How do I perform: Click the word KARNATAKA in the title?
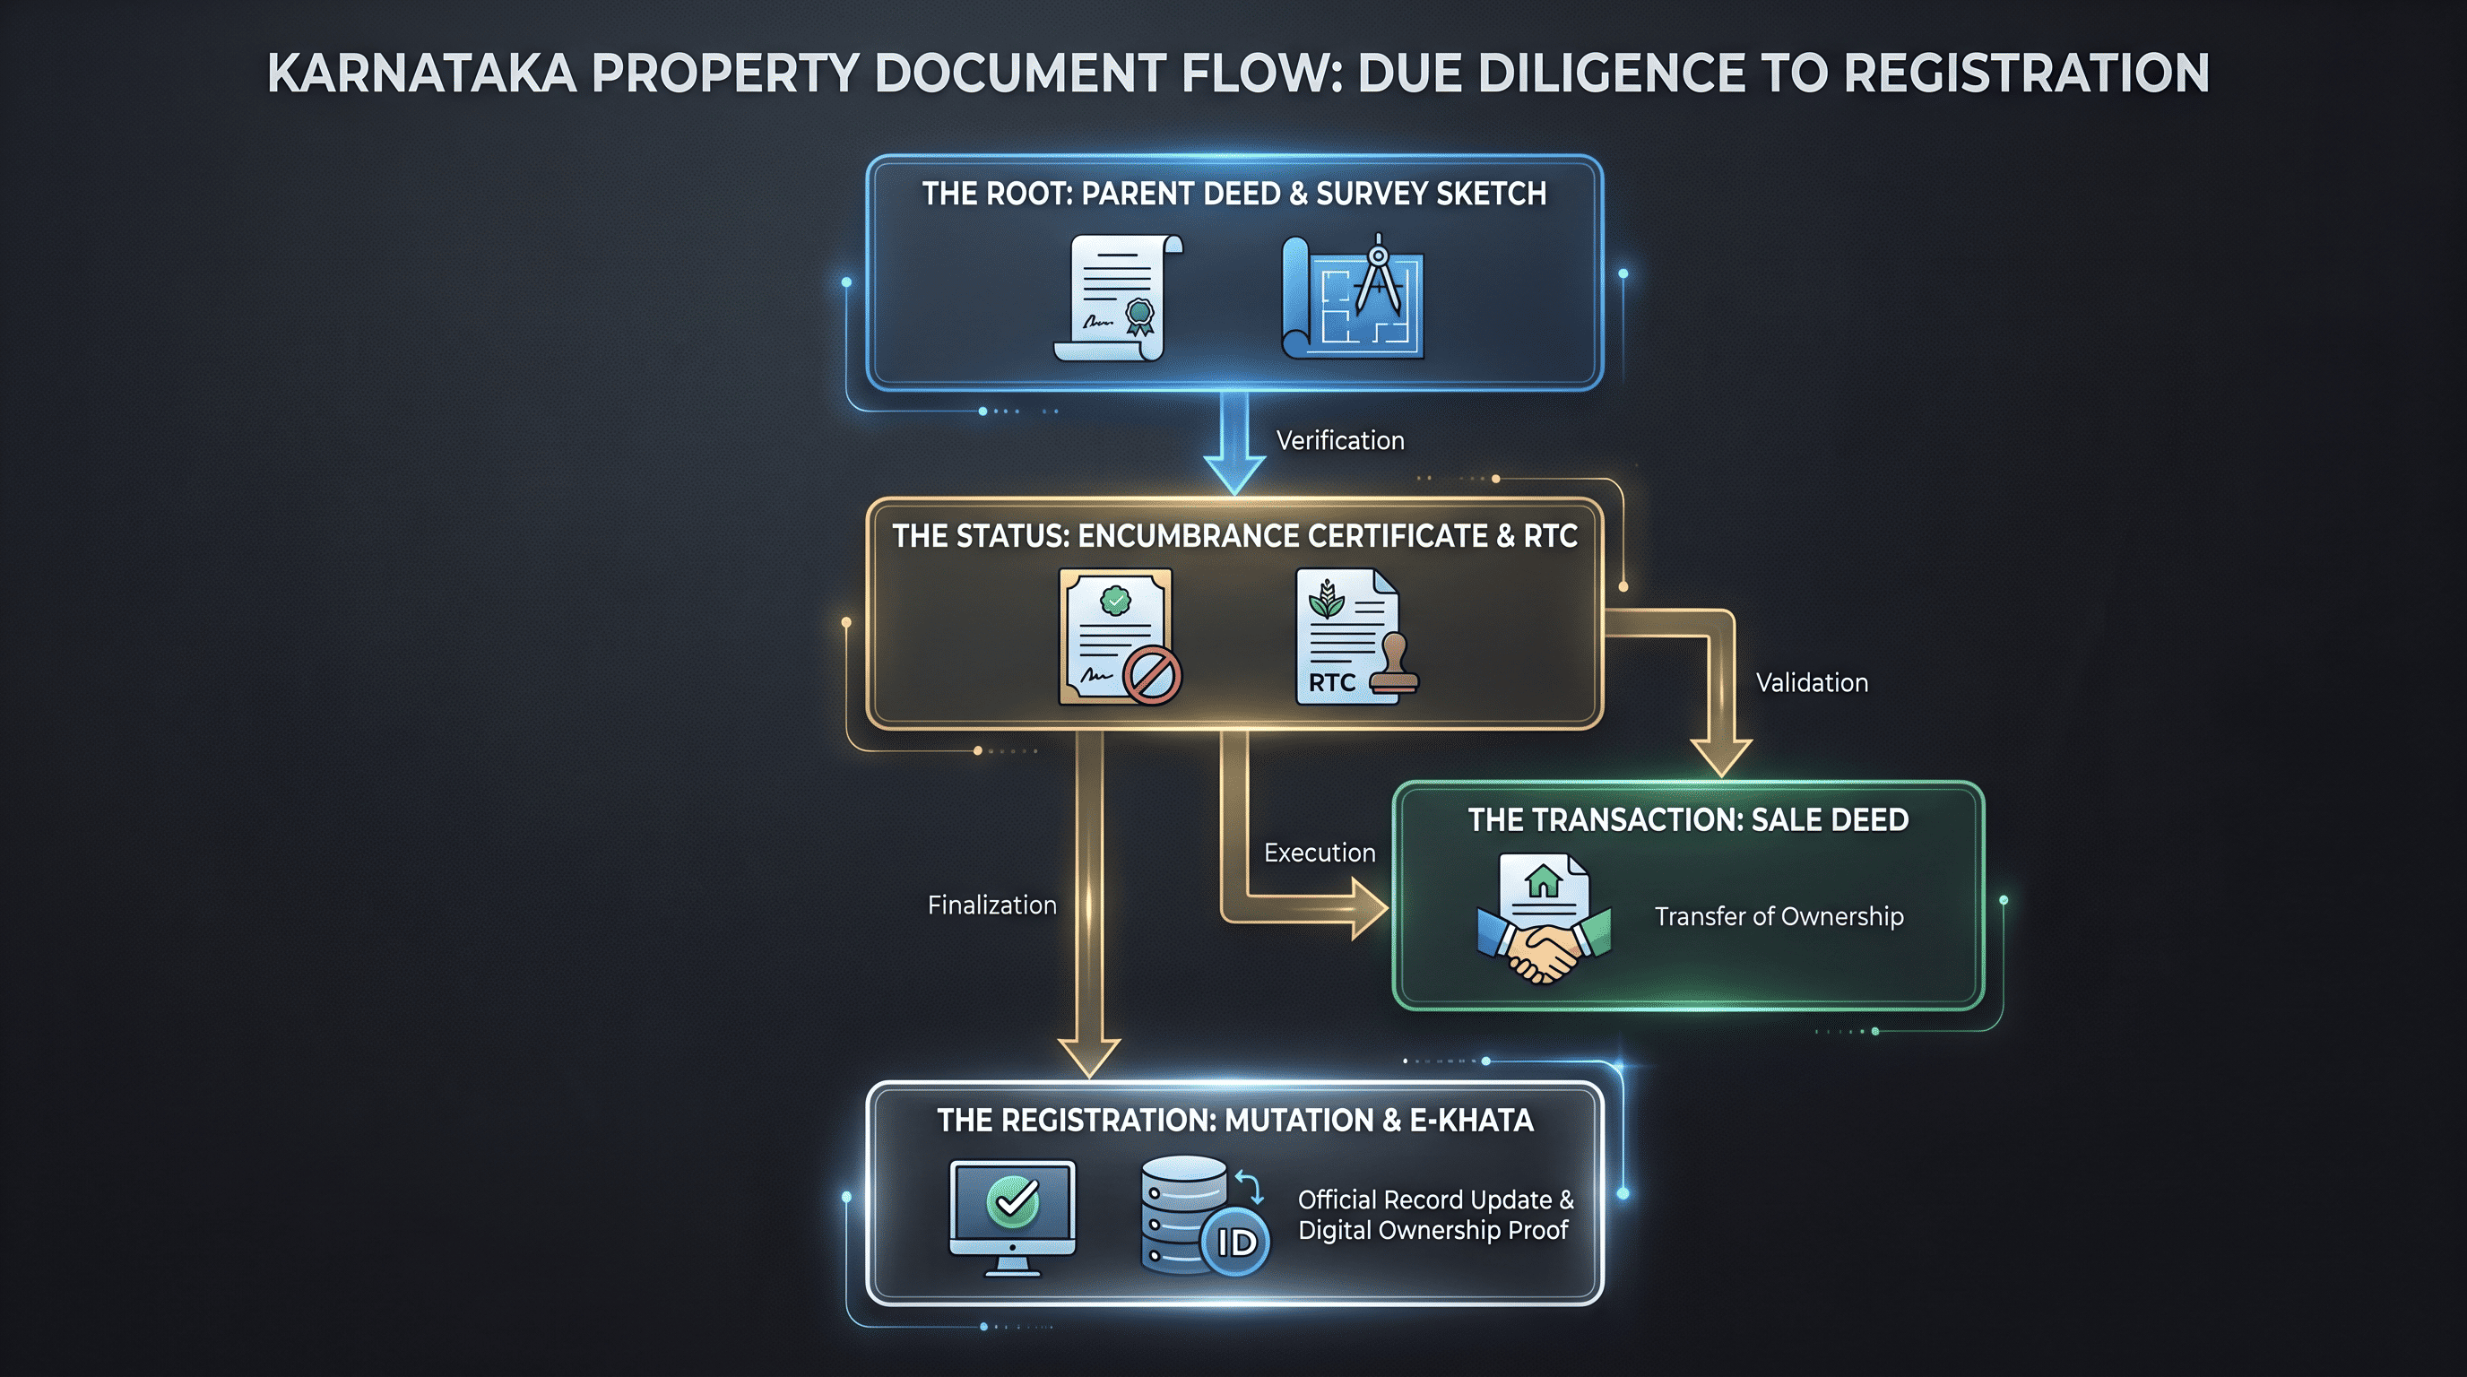pos(421,74)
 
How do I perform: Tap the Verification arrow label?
pos(1340,440)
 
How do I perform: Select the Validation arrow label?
pos(1811,683)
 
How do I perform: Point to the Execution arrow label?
pos(1319,853)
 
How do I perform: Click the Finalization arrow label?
pos(991,905)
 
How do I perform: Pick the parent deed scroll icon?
pos(1118,298)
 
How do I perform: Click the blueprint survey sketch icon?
pos(1352,297)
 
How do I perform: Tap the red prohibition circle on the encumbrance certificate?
pos(1151,675)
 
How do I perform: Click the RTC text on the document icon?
pos(1331,683)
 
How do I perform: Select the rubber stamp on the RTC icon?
pos(1394,663)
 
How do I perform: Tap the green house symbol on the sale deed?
pos(1543,880)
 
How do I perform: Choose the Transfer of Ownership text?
pos(1779,916)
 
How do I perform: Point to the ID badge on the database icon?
pos(1235,1242)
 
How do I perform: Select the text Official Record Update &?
pos(1435,1199)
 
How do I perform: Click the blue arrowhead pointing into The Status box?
pos(1234,475)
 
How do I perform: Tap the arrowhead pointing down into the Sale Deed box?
pos(1721,758)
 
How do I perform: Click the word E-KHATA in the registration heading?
pos(1471,1121)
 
